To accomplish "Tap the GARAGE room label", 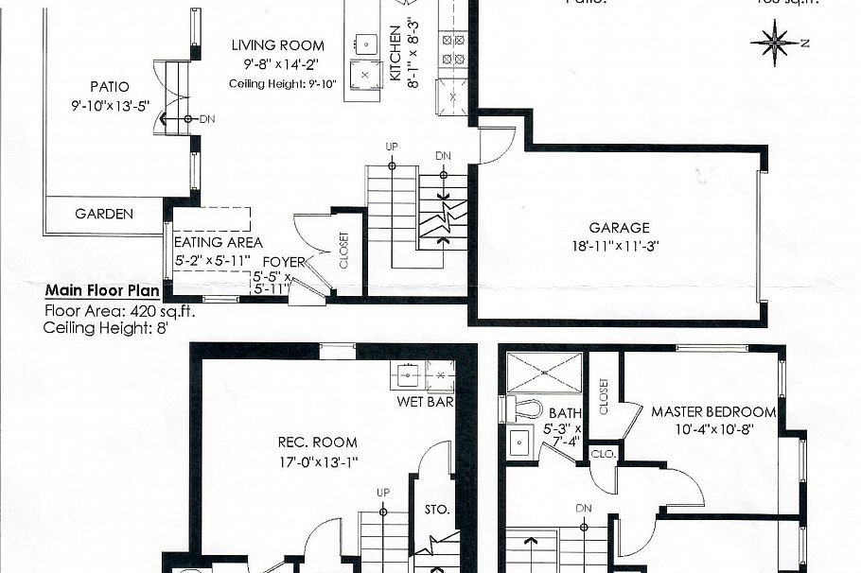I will point(620,228).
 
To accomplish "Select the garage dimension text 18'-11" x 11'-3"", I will point(620,245).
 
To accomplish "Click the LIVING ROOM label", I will point(278,45).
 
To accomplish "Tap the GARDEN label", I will point(104,214).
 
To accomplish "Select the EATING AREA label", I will point(212,243).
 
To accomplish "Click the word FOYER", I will point(284,262).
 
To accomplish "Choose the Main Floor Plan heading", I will point(101,290).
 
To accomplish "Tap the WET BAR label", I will point(425,402).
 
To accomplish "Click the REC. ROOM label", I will point(317,442).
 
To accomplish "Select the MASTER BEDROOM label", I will point(713,412).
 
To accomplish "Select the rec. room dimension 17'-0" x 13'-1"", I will point(318,462).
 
